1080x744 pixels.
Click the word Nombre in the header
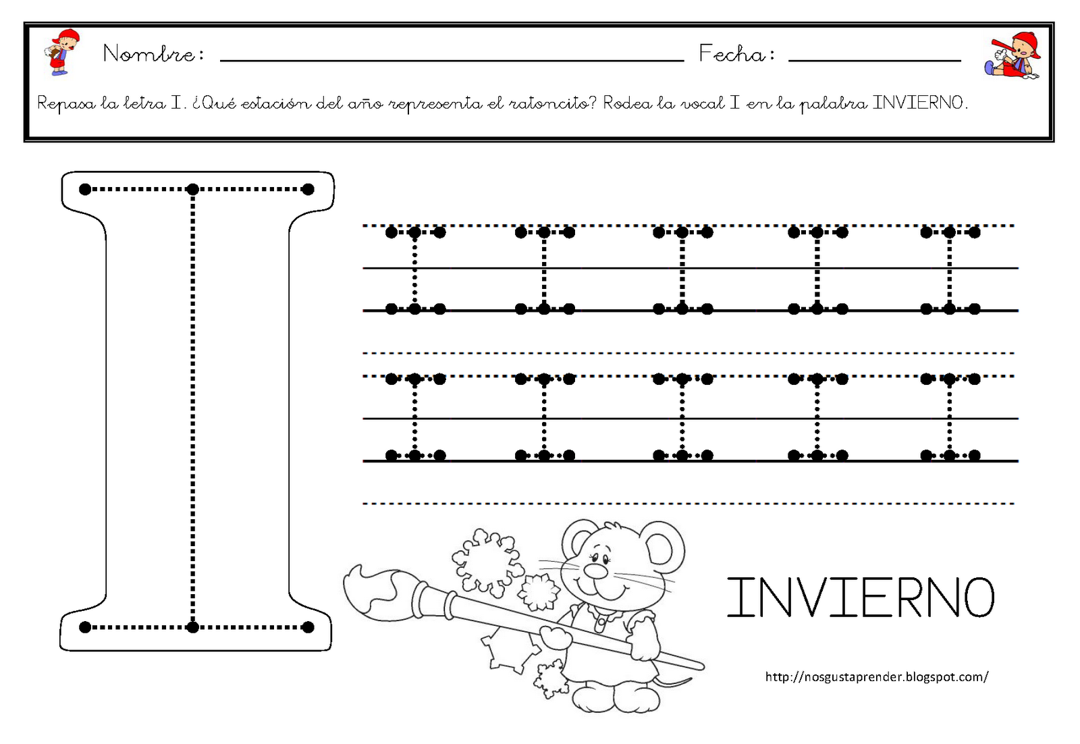click(x=148, y=53)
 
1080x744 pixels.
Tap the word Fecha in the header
click(x=732, y=53)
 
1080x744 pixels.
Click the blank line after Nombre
click(x=452, y=61)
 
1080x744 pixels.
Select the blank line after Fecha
click(x=875, y=61)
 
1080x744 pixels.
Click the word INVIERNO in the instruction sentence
click(x=917, y=103)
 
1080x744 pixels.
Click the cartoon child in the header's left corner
click(x=61, y=52)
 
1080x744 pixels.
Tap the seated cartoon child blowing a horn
click(x=1012, y=55)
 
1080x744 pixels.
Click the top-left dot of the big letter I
click(x=85, y=189)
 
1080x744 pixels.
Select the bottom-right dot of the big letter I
click(x=308, y=627)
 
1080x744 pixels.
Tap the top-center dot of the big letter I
click(x=193, y=189)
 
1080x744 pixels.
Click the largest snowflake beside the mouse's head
click(x=487, y=561)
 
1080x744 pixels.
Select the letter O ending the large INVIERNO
click(x=978, y=598)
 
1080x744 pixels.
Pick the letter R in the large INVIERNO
click(x=906, y=598)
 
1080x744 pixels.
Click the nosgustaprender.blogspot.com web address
click(x=877, y=677)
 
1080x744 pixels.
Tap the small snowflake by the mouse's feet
click(x=549, y=679)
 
